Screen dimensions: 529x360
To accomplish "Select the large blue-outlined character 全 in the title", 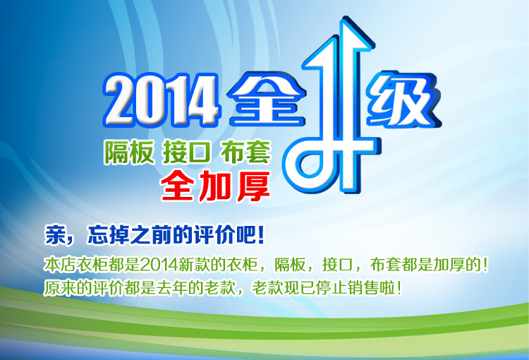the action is tap(267, 99).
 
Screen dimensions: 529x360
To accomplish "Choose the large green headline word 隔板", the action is tap(129, 152).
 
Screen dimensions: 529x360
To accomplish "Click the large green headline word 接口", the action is tap(187, 152).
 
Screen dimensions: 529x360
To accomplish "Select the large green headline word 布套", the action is tap(245, 152).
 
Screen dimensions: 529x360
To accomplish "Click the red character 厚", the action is tap(254, 186).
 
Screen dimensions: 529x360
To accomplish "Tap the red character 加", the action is tap(215, 186).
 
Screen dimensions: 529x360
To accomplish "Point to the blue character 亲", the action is tap(55, 234).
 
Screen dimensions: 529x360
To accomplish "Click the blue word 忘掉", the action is tap(108, 234).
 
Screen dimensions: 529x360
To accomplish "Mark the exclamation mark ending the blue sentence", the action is tap(260, 234).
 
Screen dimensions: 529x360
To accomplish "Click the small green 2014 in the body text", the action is tap(159, 265).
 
